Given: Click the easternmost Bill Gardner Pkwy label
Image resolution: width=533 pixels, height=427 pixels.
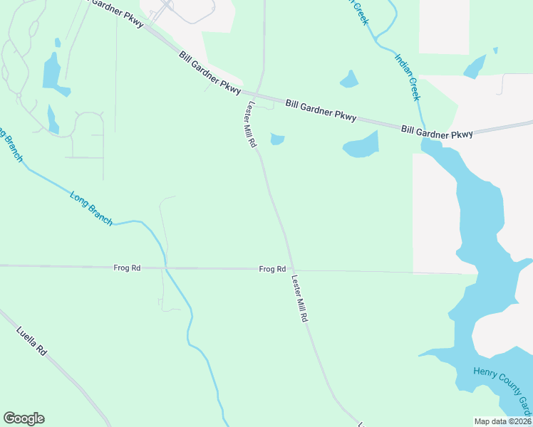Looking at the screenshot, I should click(x=437, y=132).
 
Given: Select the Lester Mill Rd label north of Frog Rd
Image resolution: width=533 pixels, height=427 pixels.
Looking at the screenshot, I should click(x=251, y=123).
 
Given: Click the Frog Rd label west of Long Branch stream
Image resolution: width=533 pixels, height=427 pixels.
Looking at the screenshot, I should click(x=127, y=268).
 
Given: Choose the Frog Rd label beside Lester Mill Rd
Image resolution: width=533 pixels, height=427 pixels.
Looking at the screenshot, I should click(x=272, y=269).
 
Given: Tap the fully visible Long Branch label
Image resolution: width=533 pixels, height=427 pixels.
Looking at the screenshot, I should click(x=91, y=208).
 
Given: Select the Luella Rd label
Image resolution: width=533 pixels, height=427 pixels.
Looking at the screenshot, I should click(x=31, y=341).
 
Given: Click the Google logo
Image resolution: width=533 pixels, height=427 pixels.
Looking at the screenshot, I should click(x=24, y=418).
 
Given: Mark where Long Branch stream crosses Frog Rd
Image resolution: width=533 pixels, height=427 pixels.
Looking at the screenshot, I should click(x=166, y=268).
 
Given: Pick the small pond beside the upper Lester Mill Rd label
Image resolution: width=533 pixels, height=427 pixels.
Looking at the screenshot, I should click(x=277, y=139).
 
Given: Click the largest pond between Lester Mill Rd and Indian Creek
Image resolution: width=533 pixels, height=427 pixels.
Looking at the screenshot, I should click(x=361, y=145).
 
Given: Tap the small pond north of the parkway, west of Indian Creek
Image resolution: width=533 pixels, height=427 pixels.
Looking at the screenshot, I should click(x=349, y=79).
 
